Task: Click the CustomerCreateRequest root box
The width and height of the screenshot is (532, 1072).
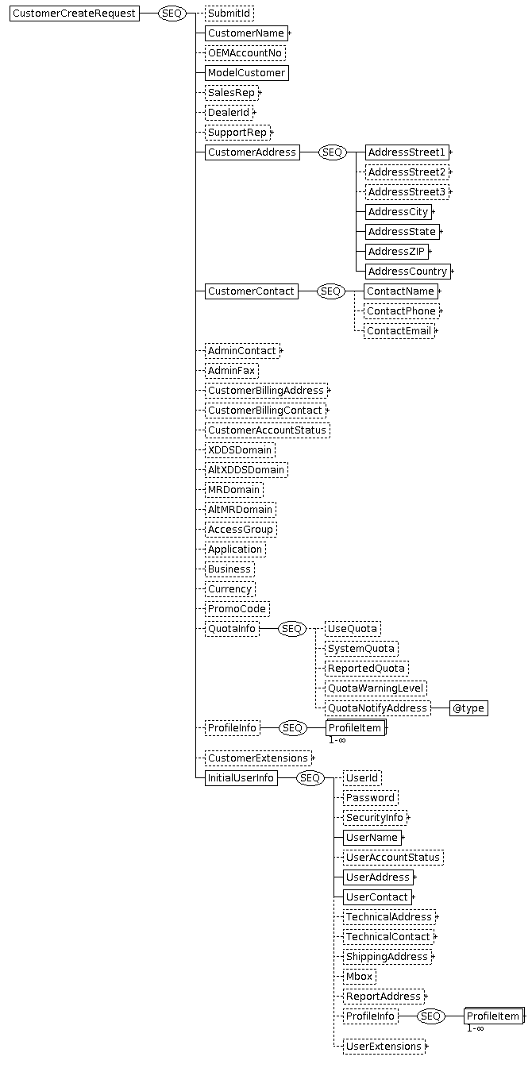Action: (x=75, y=13)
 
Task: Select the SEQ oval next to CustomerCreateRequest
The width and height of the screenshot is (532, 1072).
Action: (x=172, y=13)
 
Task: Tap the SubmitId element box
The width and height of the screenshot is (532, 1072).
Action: (x=229, y=13)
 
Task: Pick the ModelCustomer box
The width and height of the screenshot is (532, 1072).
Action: (x=246, y=73)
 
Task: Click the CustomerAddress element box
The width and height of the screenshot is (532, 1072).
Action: (x=253, y=152)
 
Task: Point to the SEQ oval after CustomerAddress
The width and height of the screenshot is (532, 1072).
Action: (x=333, y=152)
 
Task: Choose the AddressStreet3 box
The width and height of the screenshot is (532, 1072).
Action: (x=407, y=192)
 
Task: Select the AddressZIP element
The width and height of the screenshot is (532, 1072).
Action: (x=396, y=251)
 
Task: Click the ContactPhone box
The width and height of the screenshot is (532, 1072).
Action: (x=402, y=311)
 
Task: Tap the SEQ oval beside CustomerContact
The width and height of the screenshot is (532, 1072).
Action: (x=330, y=291)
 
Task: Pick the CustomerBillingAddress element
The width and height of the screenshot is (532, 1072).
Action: (x=266, y=391)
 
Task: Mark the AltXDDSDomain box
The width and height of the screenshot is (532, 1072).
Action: (x=246, y=470)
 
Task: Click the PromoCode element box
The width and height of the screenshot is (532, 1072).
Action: (x=237, y=609)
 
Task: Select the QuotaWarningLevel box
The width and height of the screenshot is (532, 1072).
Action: (x=376, y=688)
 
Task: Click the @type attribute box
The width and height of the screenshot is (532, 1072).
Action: (x=468, y=708)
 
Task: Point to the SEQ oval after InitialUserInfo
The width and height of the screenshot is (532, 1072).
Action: (x=310, y=778)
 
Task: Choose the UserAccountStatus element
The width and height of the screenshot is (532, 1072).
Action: (x=393, y=858)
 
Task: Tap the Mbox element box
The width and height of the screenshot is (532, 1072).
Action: (x=359, y=977)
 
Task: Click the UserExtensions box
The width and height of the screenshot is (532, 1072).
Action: (x=384, y=1047)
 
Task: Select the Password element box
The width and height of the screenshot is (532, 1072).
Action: (x=371, y=798)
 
